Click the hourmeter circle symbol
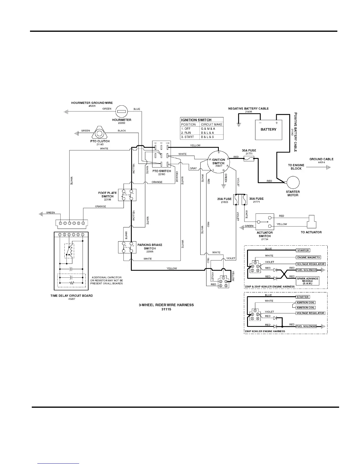[x=121, y=111]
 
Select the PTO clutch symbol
[x=99, y=133]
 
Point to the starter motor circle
[x=293, y=183]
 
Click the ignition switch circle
[x=218, y=161]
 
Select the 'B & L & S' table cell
[x=207, y=137]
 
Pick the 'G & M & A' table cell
[x=208, y=129]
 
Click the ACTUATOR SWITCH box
[x=265, y=222]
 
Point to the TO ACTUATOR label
[x=311, y=232]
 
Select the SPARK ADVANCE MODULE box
[x=307, y=281]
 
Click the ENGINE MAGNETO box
[x=309, y=257]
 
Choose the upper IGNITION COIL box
[x=306, y=302]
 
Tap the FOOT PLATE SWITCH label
[x=107, y=195]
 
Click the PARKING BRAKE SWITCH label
[x=150, y=247]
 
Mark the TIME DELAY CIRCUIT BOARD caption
[x=71, y=296]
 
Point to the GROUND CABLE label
[x=321, y=159]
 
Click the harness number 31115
[x=166, y=309]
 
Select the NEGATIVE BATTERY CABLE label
[x=248, y=109]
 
